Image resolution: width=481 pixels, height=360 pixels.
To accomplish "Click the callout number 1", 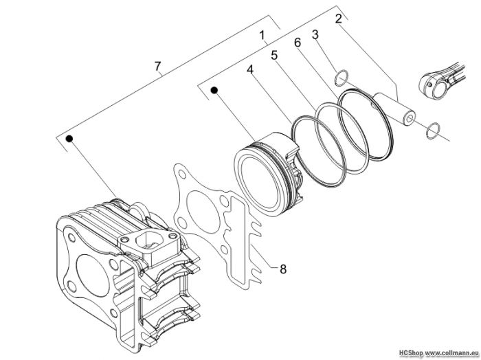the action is [x=262, y=35].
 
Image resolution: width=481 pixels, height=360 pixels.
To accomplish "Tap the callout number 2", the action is [x=338, y=19].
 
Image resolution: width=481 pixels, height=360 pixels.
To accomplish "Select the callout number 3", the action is [x=315, y=34].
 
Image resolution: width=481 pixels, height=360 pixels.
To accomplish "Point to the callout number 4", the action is [x=250, y=69].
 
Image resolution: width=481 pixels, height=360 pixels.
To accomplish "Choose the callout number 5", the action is [x=274, y=56].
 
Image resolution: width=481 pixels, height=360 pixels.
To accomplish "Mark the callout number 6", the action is [x=298, y=43].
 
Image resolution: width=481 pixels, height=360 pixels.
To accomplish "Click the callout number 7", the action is [x=157, y=66].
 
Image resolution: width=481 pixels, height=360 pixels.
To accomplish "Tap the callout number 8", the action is [x=283, y=269].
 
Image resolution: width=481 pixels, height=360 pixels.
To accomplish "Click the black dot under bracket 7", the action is [x=69, y=139].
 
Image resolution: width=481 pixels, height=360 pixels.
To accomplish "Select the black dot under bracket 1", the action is [x=214, y=90].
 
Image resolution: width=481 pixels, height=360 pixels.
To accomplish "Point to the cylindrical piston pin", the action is [x=394, y=109].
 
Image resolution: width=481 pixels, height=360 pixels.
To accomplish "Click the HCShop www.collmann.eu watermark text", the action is [x=438, y=353].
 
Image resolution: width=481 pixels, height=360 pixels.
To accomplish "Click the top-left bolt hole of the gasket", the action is [x=182, y=175].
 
